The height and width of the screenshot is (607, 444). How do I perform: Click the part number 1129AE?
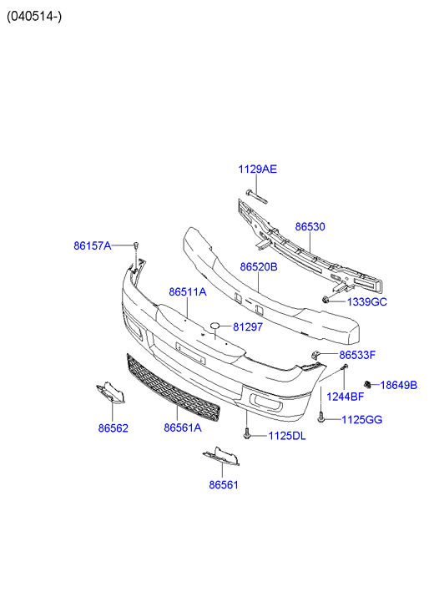click(257, 169)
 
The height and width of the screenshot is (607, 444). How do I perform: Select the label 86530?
click(310, 226)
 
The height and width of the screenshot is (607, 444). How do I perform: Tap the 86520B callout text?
click(259, 266)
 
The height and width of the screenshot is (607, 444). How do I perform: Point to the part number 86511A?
click(187, 292)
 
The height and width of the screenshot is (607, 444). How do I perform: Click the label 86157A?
click(93, 245)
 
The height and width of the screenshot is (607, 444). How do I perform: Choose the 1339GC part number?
click(367, 302)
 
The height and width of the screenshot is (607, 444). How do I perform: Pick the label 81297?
click(248, 327)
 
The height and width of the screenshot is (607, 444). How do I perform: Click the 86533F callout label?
click(357, 355)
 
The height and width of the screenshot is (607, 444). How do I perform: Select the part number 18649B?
click(399, 385)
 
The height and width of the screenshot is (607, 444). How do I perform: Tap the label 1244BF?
click(346, 397)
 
